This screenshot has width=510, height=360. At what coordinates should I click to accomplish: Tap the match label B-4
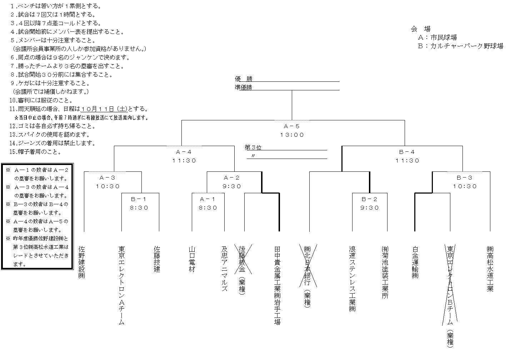pos(407,152)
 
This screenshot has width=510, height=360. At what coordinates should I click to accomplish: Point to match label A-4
pos(184,152)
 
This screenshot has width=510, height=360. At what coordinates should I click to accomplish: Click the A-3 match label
pos(107,177)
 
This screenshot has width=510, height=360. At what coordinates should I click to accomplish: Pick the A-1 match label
pos(208,199)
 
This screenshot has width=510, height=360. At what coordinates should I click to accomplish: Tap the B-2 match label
pos(370,199)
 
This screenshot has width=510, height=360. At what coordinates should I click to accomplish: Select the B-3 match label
pos(465,177)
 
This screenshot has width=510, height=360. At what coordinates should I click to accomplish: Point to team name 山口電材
pos(192,259)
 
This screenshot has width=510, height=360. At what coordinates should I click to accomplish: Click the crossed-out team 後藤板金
pos(242,259)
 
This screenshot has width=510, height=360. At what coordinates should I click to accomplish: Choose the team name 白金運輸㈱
pos(415,262)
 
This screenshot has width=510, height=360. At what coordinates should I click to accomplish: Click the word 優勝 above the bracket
pos(244,79)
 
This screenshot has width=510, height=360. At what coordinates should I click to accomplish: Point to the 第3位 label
pos(253,147)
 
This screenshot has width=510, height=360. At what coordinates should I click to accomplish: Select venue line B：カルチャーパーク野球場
pos(460,46)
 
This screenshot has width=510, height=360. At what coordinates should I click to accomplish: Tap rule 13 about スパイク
pos(50,135)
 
